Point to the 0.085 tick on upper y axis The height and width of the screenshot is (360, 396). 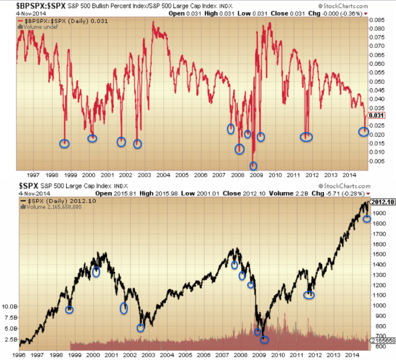click(378, 20)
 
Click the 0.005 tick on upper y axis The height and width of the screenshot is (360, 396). click(378, 161)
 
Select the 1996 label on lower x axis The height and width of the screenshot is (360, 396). click(19, 355)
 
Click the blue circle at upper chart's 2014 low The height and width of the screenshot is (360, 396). click(364, 132)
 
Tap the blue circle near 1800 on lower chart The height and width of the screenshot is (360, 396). click(367, 219)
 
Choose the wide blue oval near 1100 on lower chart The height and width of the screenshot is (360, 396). click(309, 295)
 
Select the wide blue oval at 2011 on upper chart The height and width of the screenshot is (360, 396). click(306, 137)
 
